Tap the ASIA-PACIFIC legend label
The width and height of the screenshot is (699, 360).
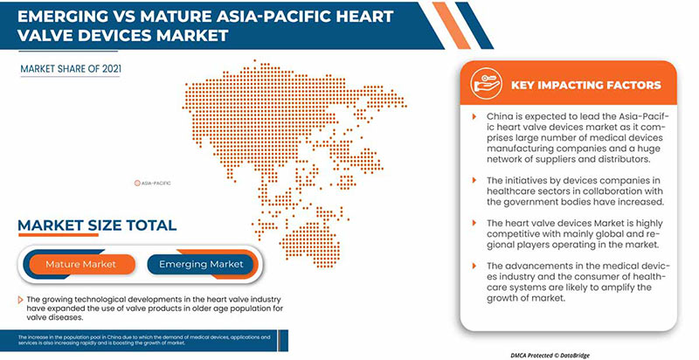pos(155,183)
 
